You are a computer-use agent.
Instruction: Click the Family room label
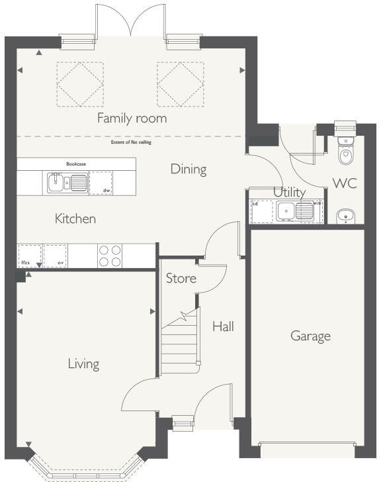tap(132, 119)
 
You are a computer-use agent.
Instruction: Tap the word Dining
tap(189, 169)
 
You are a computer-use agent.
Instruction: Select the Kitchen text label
tap(75, 218)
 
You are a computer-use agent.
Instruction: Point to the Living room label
tap(83, 363)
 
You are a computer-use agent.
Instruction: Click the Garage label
tap(310, 336)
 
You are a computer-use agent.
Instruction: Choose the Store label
tap(181, 278)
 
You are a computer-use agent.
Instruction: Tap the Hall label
tap(223, 326)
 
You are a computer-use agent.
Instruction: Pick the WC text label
tap(345, 183)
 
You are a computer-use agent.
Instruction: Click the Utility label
tap(290, 193)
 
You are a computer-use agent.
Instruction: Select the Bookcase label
tap(76, 163)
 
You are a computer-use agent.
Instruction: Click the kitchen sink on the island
tap(67, 182)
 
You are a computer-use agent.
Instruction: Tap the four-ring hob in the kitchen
tap(110, 256)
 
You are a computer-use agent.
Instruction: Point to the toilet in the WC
tap(345, 151)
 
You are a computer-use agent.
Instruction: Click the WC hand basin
tap(345, 215)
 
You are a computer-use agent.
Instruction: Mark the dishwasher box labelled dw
tap(100, 183)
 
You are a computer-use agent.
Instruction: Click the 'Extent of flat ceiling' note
tap(131, 142)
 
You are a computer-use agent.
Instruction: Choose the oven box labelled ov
tap(56, 256)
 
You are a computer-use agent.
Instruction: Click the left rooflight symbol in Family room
tap(79, 83)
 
